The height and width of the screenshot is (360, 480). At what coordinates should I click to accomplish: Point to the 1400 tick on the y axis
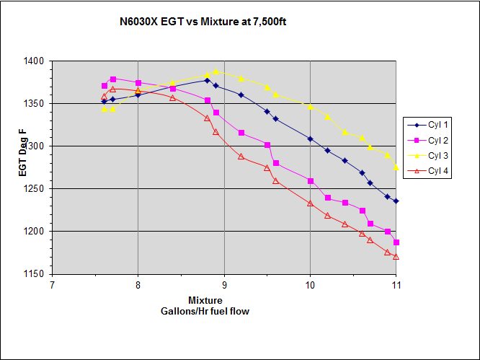click(x=37, y=61)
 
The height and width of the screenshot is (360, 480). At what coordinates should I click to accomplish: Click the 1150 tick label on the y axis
click(x=37, y=274)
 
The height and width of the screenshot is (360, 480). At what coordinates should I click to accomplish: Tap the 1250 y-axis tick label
click(x=37, y=189)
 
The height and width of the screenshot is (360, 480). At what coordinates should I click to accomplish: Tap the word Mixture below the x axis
click(x=205, y=300)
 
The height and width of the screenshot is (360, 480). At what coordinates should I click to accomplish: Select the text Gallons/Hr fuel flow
click(x=205, y=310)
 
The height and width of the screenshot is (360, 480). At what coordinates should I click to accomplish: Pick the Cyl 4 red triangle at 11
click(x=396, y=257)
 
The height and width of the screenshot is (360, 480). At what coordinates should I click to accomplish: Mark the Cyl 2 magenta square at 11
click(x=396, y=242)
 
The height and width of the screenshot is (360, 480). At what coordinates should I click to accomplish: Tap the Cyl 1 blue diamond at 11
click(x=396, y=201)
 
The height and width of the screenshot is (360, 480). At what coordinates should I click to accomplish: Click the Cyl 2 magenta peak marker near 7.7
click(x=113, y=79)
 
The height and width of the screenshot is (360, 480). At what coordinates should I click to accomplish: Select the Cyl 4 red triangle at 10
click(x=310, y=203)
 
